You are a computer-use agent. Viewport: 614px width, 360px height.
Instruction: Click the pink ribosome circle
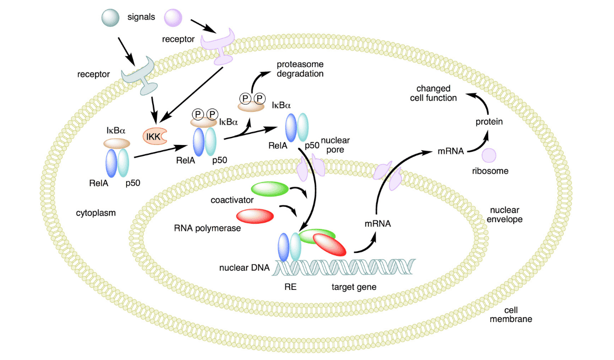(x=489, y=156)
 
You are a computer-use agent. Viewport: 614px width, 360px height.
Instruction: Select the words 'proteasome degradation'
(x=300, y=69)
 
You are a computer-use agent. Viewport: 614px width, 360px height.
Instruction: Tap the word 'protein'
(x=489, y=121)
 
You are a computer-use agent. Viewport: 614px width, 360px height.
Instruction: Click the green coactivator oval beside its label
(x=269, y=189)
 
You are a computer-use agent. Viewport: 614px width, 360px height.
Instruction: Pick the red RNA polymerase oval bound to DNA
(x=330, y=245)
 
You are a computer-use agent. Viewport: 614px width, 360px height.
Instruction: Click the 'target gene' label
(x=354, y=287)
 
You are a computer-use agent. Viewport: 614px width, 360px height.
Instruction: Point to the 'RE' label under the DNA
(x=290, y=287)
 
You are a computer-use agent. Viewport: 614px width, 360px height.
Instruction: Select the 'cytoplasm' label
(x=96, y=212)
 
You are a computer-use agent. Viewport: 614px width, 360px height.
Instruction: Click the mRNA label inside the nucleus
(x=377, y=224)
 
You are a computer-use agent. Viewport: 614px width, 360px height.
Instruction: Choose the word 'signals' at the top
(x=141, y=17)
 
